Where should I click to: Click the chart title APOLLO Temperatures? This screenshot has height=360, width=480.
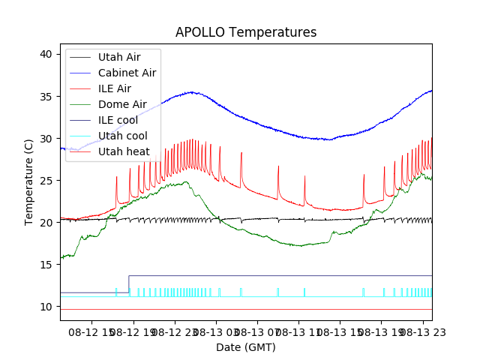(245, 33)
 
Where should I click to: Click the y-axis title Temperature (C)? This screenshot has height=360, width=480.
(29, 181)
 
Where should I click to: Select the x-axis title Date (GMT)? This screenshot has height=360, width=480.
(245, 347)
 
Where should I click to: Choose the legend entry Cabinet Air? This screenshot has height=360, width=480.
(127, 73)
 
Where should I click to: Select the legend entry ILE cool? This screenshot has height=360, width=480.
(118, 120)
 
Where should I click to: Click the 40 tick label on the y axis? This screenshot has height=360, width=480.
(46, 54)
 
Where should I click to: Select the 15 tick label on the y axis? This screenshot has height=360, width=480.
(46, 265)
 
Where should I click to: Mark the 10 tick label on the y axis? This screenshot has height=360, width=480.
(46, 307)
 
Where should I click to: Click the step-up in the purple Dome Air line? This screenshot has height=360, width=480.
(129, 283)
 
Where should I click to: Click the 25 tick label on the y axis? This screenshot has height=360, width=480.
(46, 181)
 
